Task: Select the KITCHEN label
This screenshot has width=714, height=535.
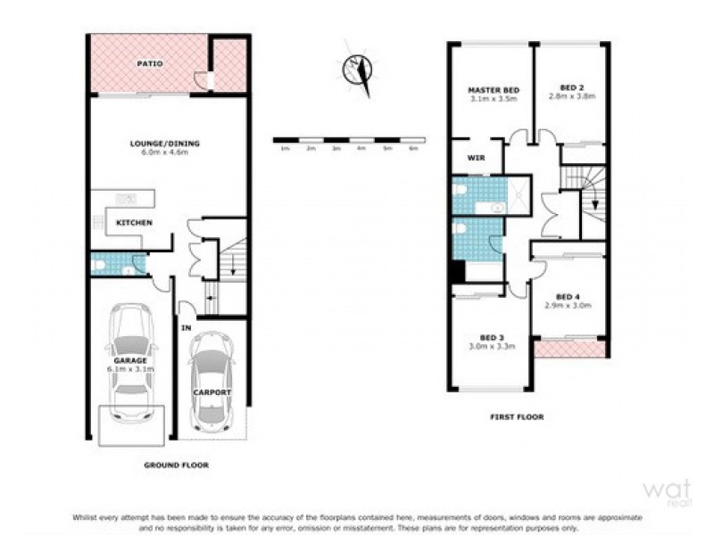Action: click(134, 223)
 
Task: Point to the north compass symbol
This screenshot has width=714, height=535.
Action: click(359, 70)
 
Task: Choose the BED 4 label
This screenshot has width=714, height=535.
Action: click(569, 297)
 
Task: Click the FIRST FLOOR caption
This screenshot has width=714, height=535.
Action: click(518, 416)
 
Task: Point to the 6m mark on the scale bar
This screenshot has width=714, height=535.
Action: click(413, 148)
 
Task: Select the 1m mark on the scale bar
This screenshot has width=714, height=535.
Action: click(286, 148)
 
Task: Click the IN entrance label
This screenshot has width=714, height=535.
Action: click(187, 329)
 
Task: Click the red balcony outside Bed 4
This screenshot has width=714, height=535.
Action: click(571, 349)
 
